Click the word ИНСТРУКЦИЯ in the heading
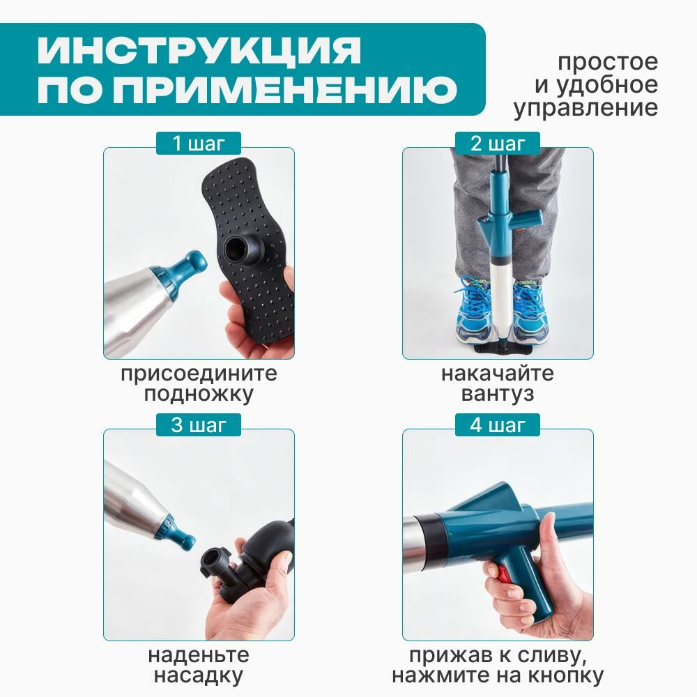tap(199, 49)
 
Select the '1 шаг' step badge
tap(199, 144)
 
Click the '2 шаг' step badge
tap(498, 144)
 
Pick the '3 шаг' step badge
tap(199, 425)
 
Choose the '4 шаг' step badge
tap(498, 425)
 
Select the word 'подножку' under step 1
tap(199, 394)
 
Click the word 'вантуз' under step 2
tap(498, 394)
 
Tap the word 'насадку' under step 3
tap(199, 675)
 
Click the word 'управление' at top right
tap(586, 108)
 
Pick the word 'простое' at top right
tap(608, 62)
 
